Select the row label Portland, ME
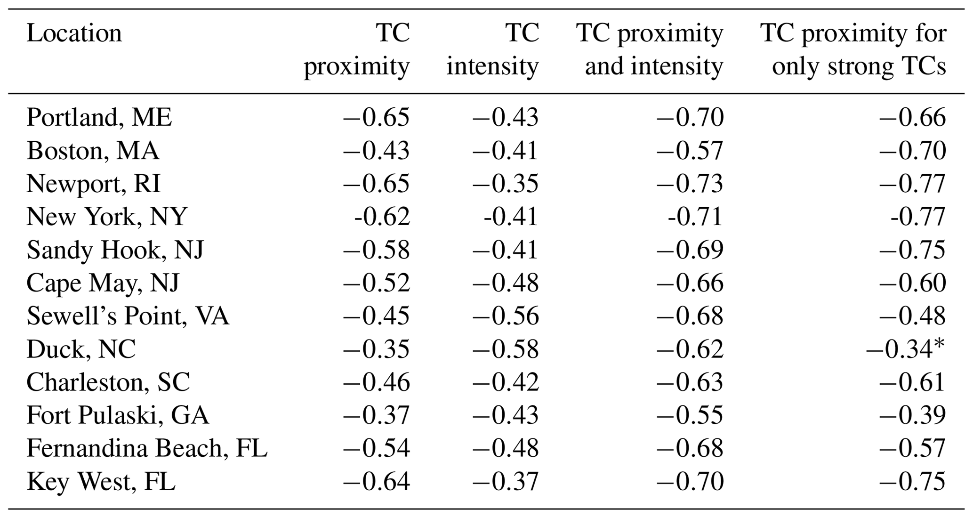99,117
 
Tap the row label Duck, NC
81,349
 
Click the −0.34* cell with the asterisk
905,349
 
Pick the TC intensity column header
492,49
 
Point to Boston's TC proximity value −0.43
376,151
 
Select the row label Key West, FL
101,482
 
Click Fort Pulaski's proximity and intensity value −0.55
690,415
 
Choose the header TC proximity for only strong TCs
853,49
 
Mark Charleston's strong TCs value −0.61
912,382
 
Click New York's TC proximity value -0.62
382,217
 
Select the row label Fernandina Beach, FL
147,448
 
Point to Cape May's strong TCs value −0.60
912,283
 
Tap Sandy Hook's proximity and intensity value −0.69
690,250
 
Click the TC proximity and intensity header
650,49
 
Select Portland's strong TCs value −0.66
912,117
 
